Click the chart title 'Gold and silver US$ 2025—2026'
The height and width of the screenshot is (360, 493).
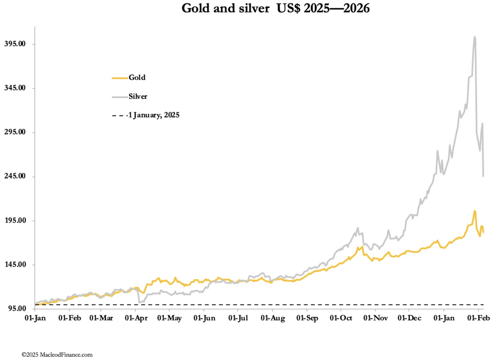[276, 8]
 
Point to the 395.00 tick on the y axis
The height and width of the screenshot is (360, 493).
[15, 44]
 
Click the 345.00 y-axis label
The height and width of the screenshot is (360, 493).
[15, 88]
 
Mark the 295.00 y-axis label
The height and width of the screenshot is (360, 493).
[15, 132]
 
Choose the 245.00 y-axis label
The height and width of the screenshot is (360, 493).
[15, 176]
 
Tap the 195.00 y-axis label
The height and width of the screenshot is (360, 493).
[15, 221]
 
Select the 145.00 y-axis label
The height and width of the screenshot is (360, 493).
[15, 265]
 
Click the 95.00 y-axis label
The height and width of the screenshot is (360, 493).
[17, 309]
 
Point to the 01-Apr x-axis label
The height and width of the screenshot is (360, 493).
[136, 318]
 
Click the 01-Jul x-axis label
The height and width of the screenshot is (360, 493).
[238, 318]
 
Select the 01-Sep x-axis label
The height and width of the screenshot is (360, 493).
[307, 318]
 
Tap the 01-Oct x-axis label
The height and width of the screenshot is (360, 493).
[341, 318]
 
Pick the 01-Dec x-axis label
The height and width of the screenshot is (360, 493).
[409, 318]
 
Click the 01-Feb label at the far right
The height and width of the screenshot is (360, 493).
[478, 318]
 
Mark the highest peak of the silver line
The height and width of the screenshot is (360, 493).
[475, 37]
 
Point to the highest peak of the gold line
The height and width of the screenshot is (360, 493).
[475, 211]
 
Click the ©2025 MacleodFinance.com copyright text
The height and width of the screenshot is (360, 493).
[57, 355]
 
